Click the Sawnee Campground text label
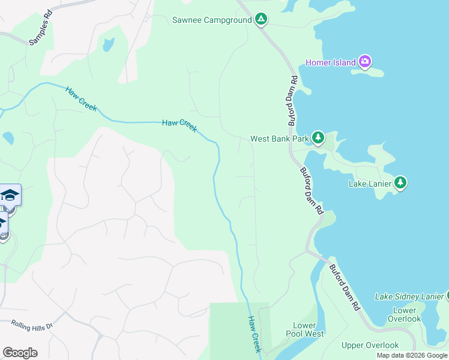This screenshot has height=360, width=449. pos(211,20)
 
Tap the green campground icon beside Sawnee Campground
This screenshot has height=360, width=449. pos(261,20)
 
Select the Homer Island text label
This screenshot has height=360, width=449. pos(330,62)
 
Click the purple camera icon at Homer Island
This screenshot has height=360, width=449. pos(365,61)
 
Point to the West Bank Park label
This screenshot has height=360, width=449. pos(279,139)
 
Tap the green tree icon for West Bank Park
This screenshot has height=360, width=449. pos(318,139)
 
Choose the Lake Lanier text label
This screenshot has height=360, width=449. pos(370,184)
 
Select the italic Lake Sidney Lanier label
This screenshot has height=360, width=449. pos(409,296)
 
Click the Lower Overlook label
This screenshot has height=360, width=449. pos(404,314)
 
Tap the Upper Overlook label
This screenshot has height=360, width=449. pos(370,345)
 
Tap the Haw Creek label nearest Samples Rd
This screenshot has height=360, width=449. pos(80,98)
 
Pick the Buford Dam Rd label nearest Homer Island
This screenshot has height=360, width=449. pos(292,100)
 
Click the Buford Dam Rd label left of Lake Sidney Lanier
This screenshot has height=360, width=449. pos(345,288)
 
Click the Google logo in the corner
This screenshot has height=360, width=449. pos(20,353)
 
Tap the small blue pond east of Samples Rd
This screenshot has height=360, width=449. pos(108,44)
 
